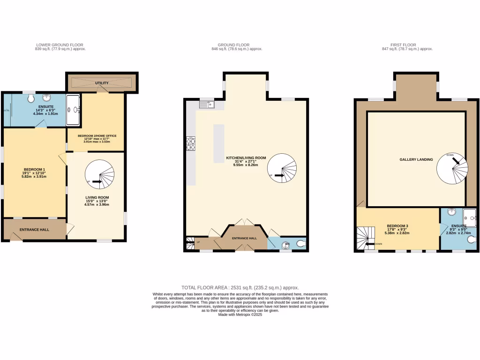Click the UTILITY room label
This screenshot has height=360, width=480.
click(x=102, y=83)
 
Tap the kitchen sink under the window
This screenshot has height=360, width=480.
click(x=206, y=105)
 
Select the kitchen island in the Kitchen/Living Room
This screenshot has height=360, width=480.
click(x=219, y=143)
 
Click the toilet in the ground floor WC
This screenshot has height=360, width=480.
click(x=299, y=243)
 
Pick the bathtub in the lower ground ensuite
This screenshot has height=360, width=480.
click(x=73, y=110)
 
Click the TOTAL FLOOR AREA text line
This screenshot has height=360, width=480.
click(x=240, y=287)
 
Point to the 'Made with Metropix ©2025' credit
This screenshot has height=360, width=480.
click(x=240, y=315)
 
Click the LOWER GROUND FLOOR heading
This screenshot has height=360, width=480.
click(x=60, y=45)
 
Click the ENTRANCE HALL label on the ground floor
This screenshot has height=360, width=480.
click(x=245, y=238)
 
